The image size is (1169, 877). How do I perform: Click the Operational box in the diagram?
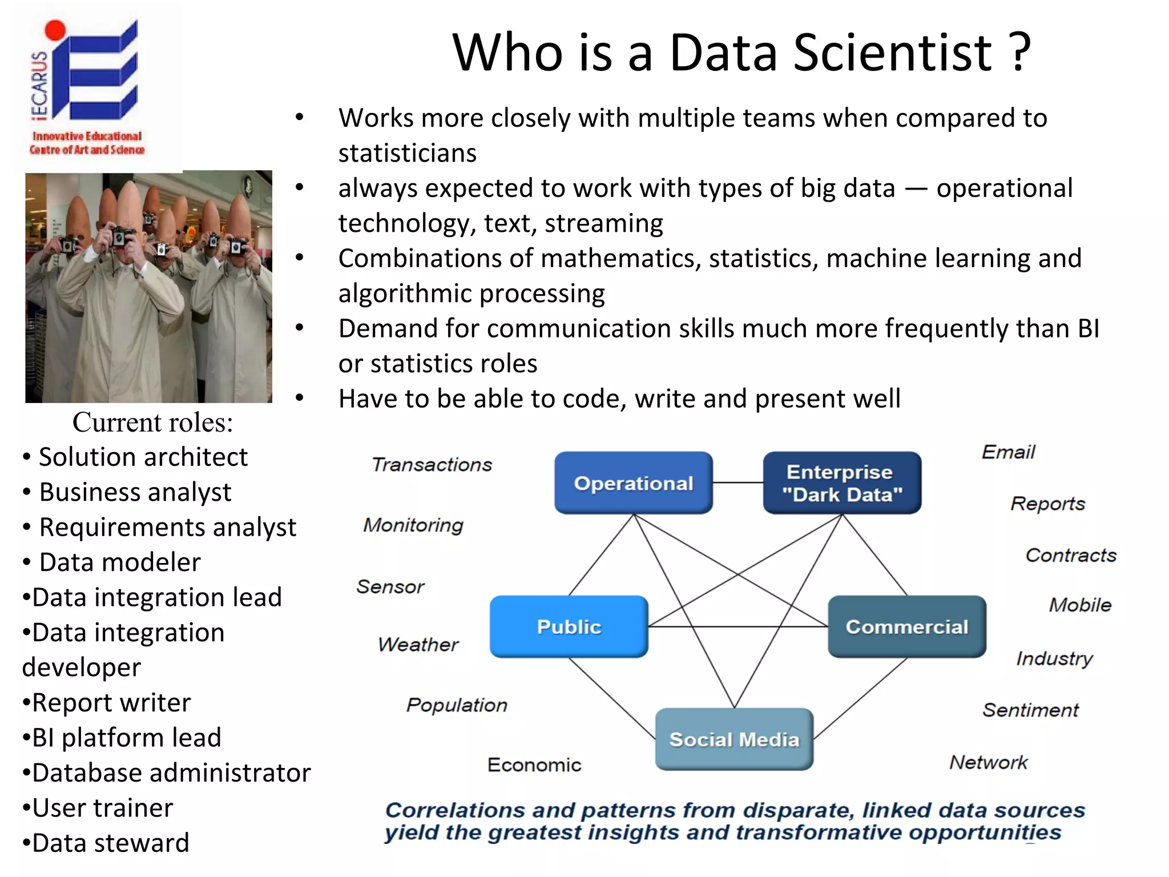click(634, 483)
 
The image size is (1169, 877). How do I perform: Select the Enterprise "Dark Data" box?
click(842, 483)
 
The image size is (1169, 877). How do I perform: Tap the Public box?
click(569, 626)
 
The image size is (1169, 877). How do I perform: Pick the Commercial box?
click(907, 626)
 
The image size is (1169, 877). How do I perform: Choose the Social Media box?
click(734, 739)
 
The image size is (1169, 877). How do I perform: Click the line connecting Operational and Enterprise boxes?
click(737, 483)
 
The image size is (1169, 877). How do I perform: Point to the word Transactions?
click(432, 465)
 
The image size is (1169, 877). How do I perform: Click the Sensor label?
click(390, 586)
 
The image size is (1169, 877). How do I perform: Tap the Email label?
click(1008, 452)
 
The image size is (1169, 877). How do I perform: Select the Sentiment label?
click(1030, 710)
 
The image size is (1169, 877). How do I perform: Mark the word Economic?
click(534, 765)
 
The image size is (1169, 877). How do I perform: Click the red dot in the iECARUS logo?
click(55, 30)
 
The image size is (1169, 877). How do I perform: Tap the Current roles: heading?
click(152, 423)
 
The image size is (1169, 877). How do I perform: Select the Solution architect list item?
click(143, 457)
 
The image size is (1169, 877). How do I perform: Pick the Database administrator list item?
click(171, 773)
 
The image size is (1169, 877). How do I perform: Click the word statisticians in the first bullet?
click(407, 153)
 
